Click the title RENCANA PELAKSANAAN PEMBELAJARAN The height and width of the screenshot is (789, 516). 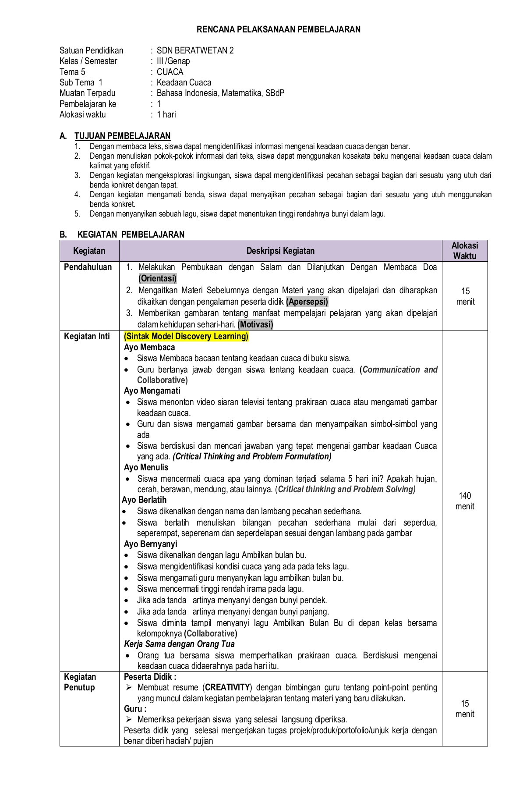pyautogui.click(x=279, y=29)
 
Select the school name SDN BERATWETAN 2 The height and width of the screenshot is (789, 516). pyautogui.click(x=195, y=50)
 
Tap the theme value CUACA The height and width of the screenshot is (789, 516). pyautogui.click(x=170, y=72)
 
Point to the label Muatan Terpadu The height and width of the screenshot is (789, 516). pyautogui.click(x=88, y=93)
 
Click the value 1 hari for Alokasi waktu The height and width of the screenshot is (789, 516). pyautogui.click(x=166, y=114)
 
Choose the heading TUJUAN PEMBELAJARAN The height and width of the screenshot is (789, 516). pyautogui.click(x=123, y=136)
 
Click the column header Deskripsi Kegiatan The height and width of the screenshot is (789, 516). pyautogui.click(x=280, y=251)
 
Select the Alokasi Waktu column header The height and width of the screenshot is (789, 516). pyautogui.click(x=465, y=251)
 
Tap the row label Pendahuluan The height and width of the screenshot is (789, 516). pyautogui.click(x=88, y=267)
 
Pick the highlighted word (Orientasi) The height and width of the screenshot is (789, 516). pyautogui.click(x=157, y=278)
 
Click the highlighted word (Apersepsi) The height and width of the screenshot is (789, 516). pyautogui.click(x=307, y=302)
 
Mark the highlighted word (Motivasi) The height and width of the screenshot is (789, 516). pyautogui.click(x=255, y=324)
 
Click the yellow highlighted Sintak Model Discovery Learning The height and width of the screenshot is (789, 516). pyautogui.click(x=186, y=336)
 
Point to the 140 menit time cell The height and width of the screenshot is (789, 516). pyautogui.click(x=465, y=501)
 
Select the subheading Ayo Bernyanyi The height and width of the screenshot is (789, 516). pyautogui.click(x=151, y=544)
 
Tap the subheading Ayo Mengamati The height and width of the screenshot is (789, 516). pyautogui.click(x=152, y=391)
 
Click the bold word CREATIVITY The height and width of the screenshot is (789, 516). pyautogui.click(x=227, y=687)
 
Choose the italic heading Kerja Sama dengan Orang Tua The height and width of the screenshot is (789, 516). pyautogui.click(x=179, y=644)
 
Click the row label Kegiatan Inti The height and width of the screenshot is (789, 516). pyautogui.click(x=87, y=336)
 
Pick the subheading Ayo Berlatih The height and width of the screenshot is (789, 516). pyautogui.click(x=144, y=500)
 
